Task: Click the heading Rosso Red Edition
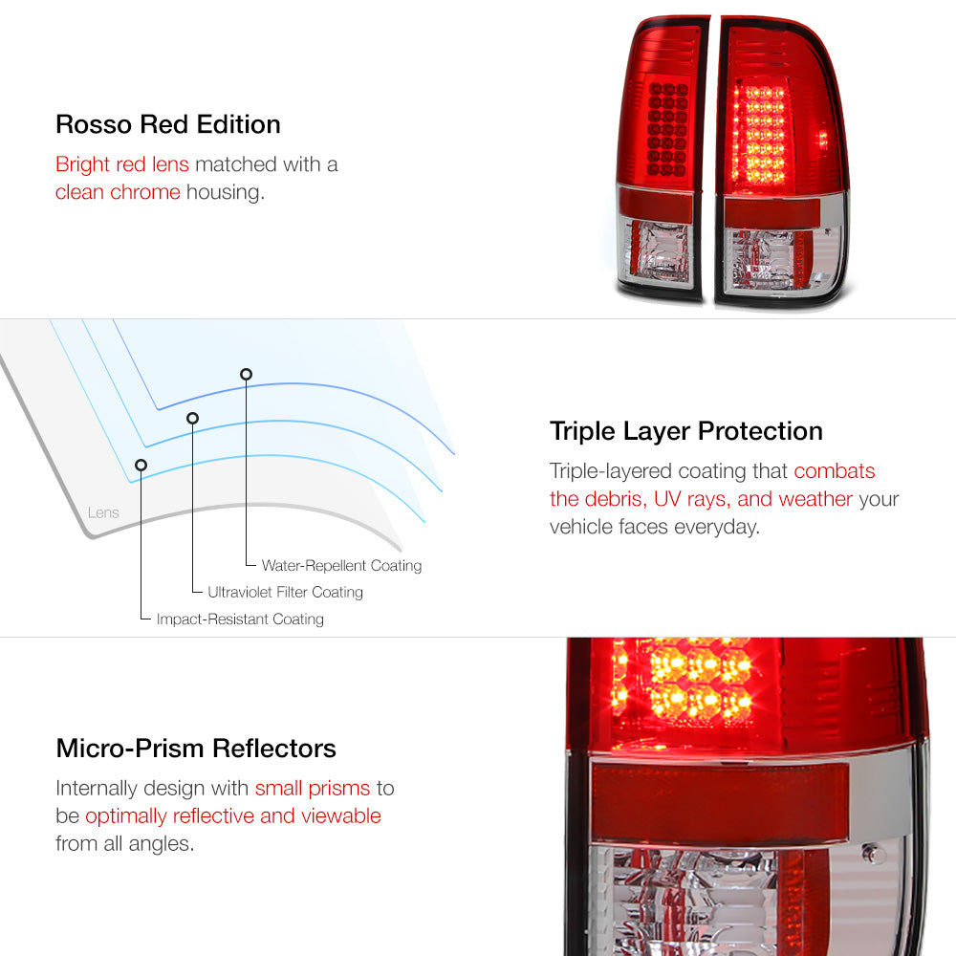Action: pyautogui.click(x=167, y=124)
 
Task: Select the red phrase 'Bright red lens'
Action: pyautogui.click(x=122, y=164)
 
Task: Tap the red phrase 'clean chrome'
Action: pyautogui.click(x=118, y=192)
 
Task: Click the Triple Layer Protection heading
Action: pyautogui.click(x=685, y=432)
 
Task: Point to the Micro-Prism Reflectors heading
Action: pyautogui.click(x=196, y=749)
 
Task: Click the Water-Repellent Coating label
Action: pyautogui.click(x=341, y=566)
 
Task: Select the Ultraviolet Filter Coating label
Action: pyautogui.click(x=285, y=592)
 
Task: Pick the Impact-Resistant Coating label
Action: pyautogui.click(x=240, y=619)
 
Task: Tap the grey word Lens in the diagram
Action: pyautogui.click(x=103, y=512)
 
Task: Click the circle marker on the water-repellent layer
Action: pyautogui.click(x=246, y=375)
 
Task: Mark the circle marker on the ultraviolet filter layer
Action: pyautogui.click(x=193, y=419)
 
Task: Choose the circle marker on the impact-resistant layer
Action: pyautogui.click(x=141, y=466)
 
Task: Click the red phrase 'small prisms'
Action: pyautogui.click(x=313, y=789)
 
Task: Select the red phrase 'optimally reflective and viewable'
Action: pyautogui.click(x=233, y=815)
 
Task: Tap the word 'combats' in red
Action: pyautogui.click(x=834, y=470)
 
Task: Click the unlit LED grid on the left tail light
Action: pyautogui.click(x=667, y=130)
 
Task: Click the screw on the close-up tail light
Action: pyautogui.click(x=872, y=853)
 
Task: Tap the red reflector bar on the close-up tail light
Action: pyautogui.click(x=720, y=798)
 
